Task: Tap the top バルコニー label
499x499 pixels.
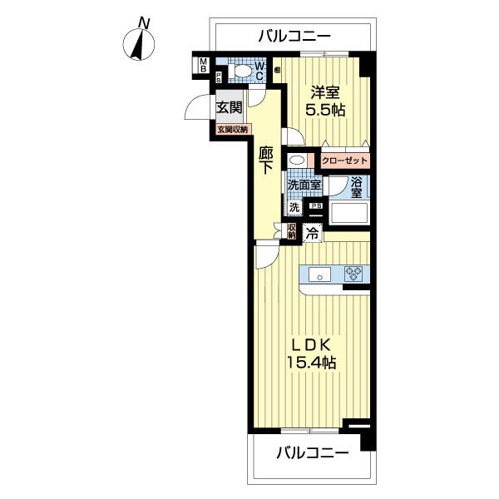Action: pyautogui.click(x=294, y=37)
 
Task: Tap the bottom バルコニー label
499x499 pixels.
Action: pyautogui.click(x=311, y=453)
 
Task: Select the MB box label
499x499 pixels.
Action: pyautogui.click(x=202, y=65)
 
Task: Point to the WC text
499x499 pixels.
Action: pyautogui.click(x=259, y=72)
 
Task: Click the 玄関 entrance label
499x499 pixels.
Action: pyautogui.click(x=230, y=107)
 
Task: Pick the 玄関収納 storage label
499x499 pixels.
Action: pyautogui.click(x=233, y=130)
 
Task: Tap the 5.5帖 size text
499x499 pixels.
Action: pyautogui.click(x=325, y=110)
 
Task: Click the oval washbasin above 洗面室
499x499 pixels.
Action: pyautogui.click(x=297, y=160)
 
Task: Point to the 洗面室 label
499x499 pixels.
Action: pyautogui.click(x=304, y=185)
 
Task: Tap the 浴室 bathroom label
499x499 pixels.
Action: pyautogui.click(x=356, y=186)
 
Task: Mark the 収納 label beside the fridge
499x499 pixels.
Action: pyautogui.click(x=292, y=231)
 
